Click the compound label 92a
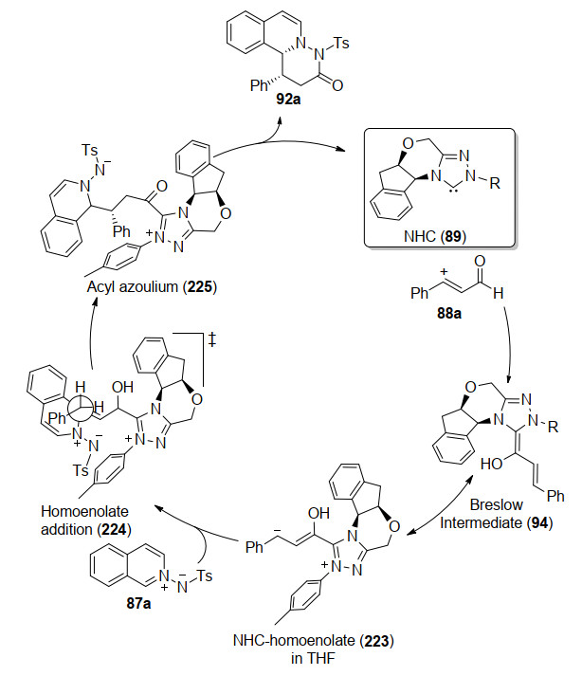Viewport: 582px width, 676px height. (x=288, y=99)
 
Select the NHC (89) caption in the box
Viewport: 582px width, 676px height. (x=434, y=236)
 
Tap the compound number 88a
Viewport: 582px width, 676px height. (x=448, y=313)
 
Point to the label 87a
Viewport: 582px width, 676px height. (x=138, y=603)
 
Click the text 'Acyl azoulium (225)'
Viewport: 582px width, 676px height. (x=152, y=286)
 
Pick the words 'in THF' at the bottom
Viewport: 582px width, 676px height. (x=313, y=658)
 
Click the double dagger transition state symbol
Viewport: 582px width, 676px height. (x=211, y=339)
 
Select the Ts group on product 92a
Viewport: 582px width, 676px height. (x=341, y=43)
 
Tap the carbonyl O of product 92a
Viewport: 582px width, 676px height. (x=337, y=85)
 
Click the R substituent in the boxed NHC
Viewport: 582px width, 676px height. (x=495, y=183)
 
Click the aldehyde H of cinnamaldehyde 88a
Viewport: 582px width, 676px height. (x=499, y=294)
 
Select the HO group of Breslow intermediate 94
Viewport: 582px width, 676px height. (x=492, y=464)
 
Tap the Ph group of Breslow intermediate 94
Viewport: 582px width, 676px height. (x=555, y=496)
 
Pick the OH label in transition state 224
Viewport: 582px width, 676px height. (x=122, y=387)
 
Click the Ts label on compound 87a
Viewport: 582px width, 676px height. (x=205, y=576)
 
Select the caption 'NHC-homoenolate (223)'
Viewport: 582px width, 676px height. (x=314, y=640)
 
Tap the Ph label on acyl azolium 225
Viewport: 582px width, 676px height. (x=121, y=231)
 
